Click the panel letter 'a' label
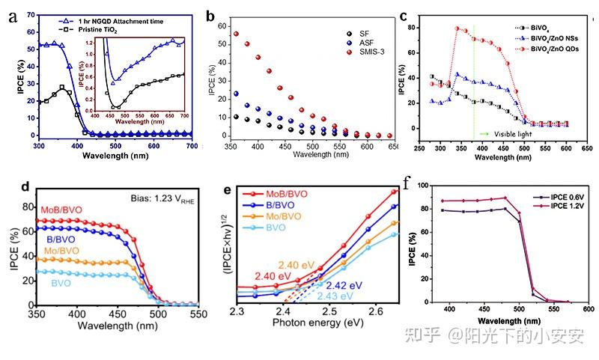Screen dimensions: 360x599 [12, 15]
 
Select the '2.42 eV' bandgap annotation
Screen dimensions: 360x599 [344, 285]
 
